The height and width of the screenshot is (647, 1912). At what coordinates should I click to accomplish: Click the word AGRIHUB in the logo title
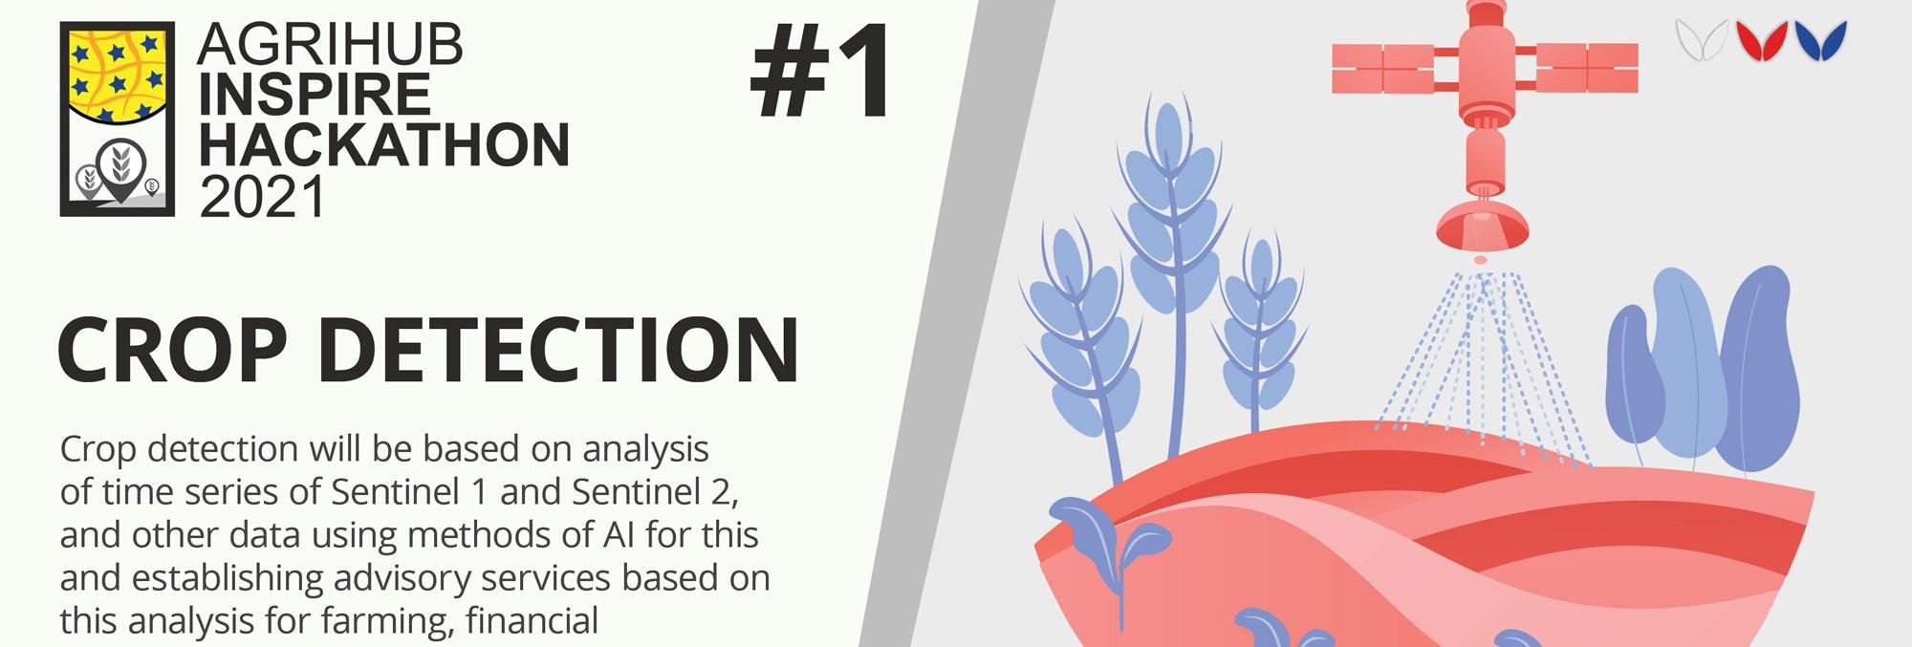point(330,44)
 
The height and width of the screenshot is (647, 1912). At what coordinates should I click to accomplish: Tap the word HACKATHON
point(384,144)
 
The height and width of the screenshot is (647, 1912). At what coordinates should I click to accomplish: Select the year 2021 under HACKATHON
point(263,196)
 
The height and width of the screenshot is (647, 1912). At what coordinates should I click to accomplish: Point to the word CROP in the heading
point(174,350)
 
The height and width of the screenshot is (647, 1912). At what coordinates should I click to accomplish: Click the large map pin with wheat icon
point(121,169)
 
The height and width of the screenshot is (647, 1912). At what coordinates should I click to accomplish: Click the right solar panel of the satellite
point(1586,67)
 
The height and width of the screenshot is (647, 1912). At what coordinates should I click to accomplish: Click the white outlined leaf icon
point(1702,41)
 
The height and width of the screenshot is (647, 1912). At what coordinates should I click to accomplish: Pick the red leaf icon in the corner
point(1761,41)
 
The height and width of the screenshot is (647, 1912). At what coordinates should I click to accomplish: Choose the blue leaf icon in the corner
point(1821,41)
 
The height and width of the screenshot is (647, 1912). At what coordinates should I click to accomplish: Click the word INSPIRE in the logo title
point(315,94)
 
